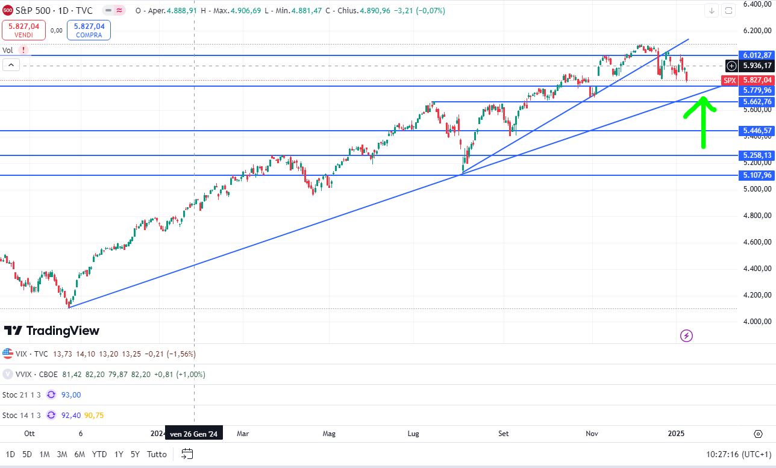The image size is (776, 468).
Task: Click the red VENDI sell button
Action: (24, 30)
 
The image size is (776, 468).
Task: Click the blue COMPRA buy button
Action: (89, 30)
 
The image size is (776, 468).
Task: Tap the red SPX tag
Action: (730, 80)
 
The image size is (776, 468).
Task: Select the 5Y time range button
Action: (135, 454)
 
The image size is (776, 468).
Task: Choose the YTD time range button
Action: (99, 454)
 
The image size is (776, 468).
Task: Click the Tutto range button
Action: (157, 454)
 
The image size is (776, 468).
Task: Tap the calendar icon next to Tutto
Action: (187, 454)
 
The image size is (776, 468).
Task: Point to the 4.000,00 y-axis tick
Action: (757, 322)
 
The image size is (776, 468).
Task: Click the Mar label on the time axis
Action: (243, 433)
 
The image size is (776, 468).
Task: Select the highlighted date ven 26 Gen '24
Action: (193, 433)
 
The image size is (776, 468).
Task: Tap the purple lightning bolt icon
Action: (687, 335)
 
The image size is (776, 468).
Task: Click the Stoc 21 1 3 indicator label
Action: (22, 395)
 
